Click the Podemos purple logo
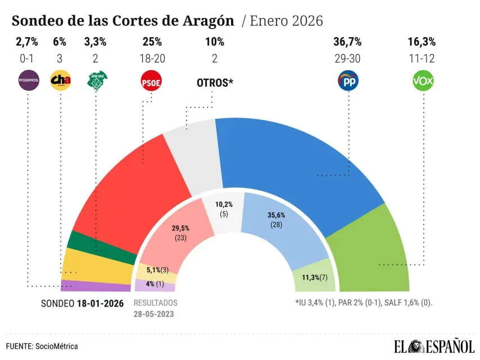click(x=29, y=81)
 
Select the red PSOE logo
click(x=151, y=82)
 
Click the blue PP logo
click(x=348, y=81)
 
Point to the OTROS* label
click(x=215, y=82)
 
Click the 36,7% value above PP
click(x=348, y=42)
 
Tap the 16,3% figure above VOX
click(x=422, y=42)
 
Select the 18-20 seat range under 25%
click(x=152, y=57)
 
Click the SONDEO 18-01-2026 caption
click(x=82, y=303)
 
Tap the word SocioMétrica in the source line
click(x=57, y=346)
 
